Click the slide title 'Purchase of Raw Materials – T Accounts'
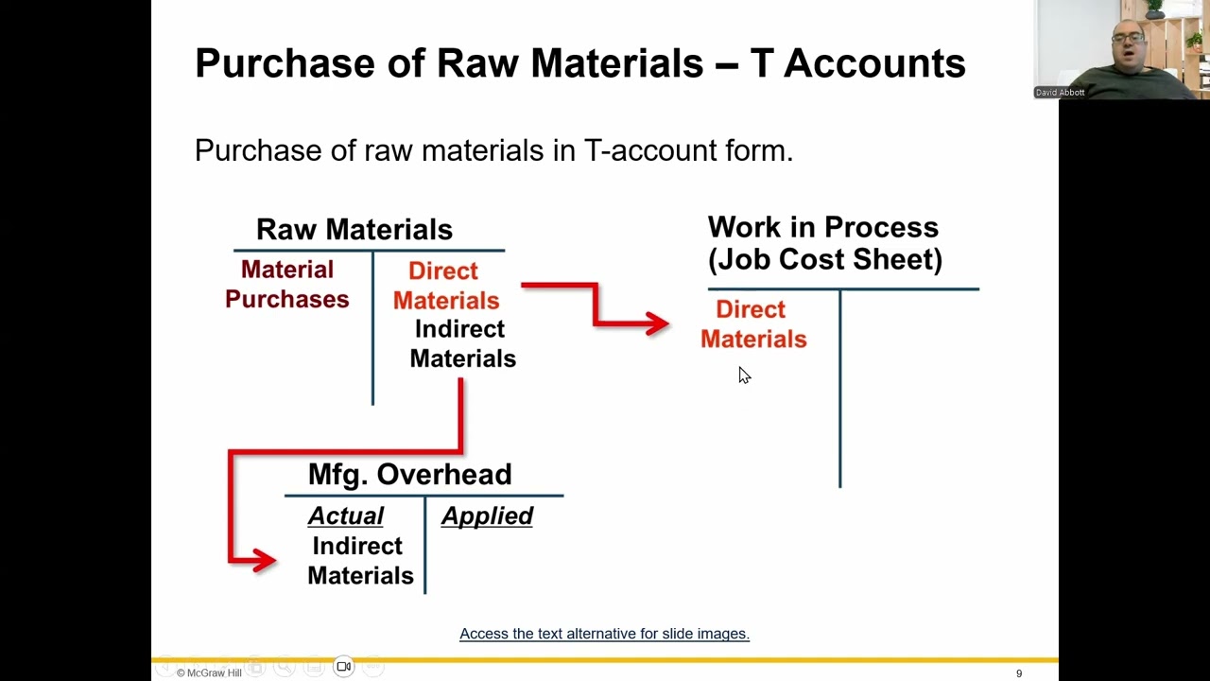coord(579,63)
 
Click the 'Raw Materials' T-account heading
coord(354,229)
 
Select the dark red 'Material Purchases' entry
coord(287,285)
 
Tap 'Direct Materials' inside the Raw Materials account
coord(445,286)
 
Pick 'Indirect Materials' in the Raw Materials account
coord(462,344)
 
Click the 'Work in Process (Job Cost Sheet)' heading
coord(824,243)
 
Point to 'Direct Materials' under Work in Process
coord(753,324)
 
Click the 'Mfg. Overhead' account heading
coord(409,474)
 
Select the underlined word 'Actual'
coord(346,516)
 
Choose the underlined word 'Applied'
coord(487,516)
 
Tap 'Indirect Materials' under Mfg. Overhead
coord(360,561)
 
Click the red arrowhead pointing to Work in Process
coord(656,324)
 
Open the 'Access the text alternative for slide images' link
coord(604,634)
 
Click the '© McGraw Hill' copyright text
coord(209,672)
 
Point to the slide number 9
coord(1019,673)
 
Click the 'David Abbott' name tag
coord(1060,93)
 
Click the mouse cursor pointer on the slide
coord(744,375)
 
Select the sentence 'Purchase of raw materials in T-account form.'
coord(493,150)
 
